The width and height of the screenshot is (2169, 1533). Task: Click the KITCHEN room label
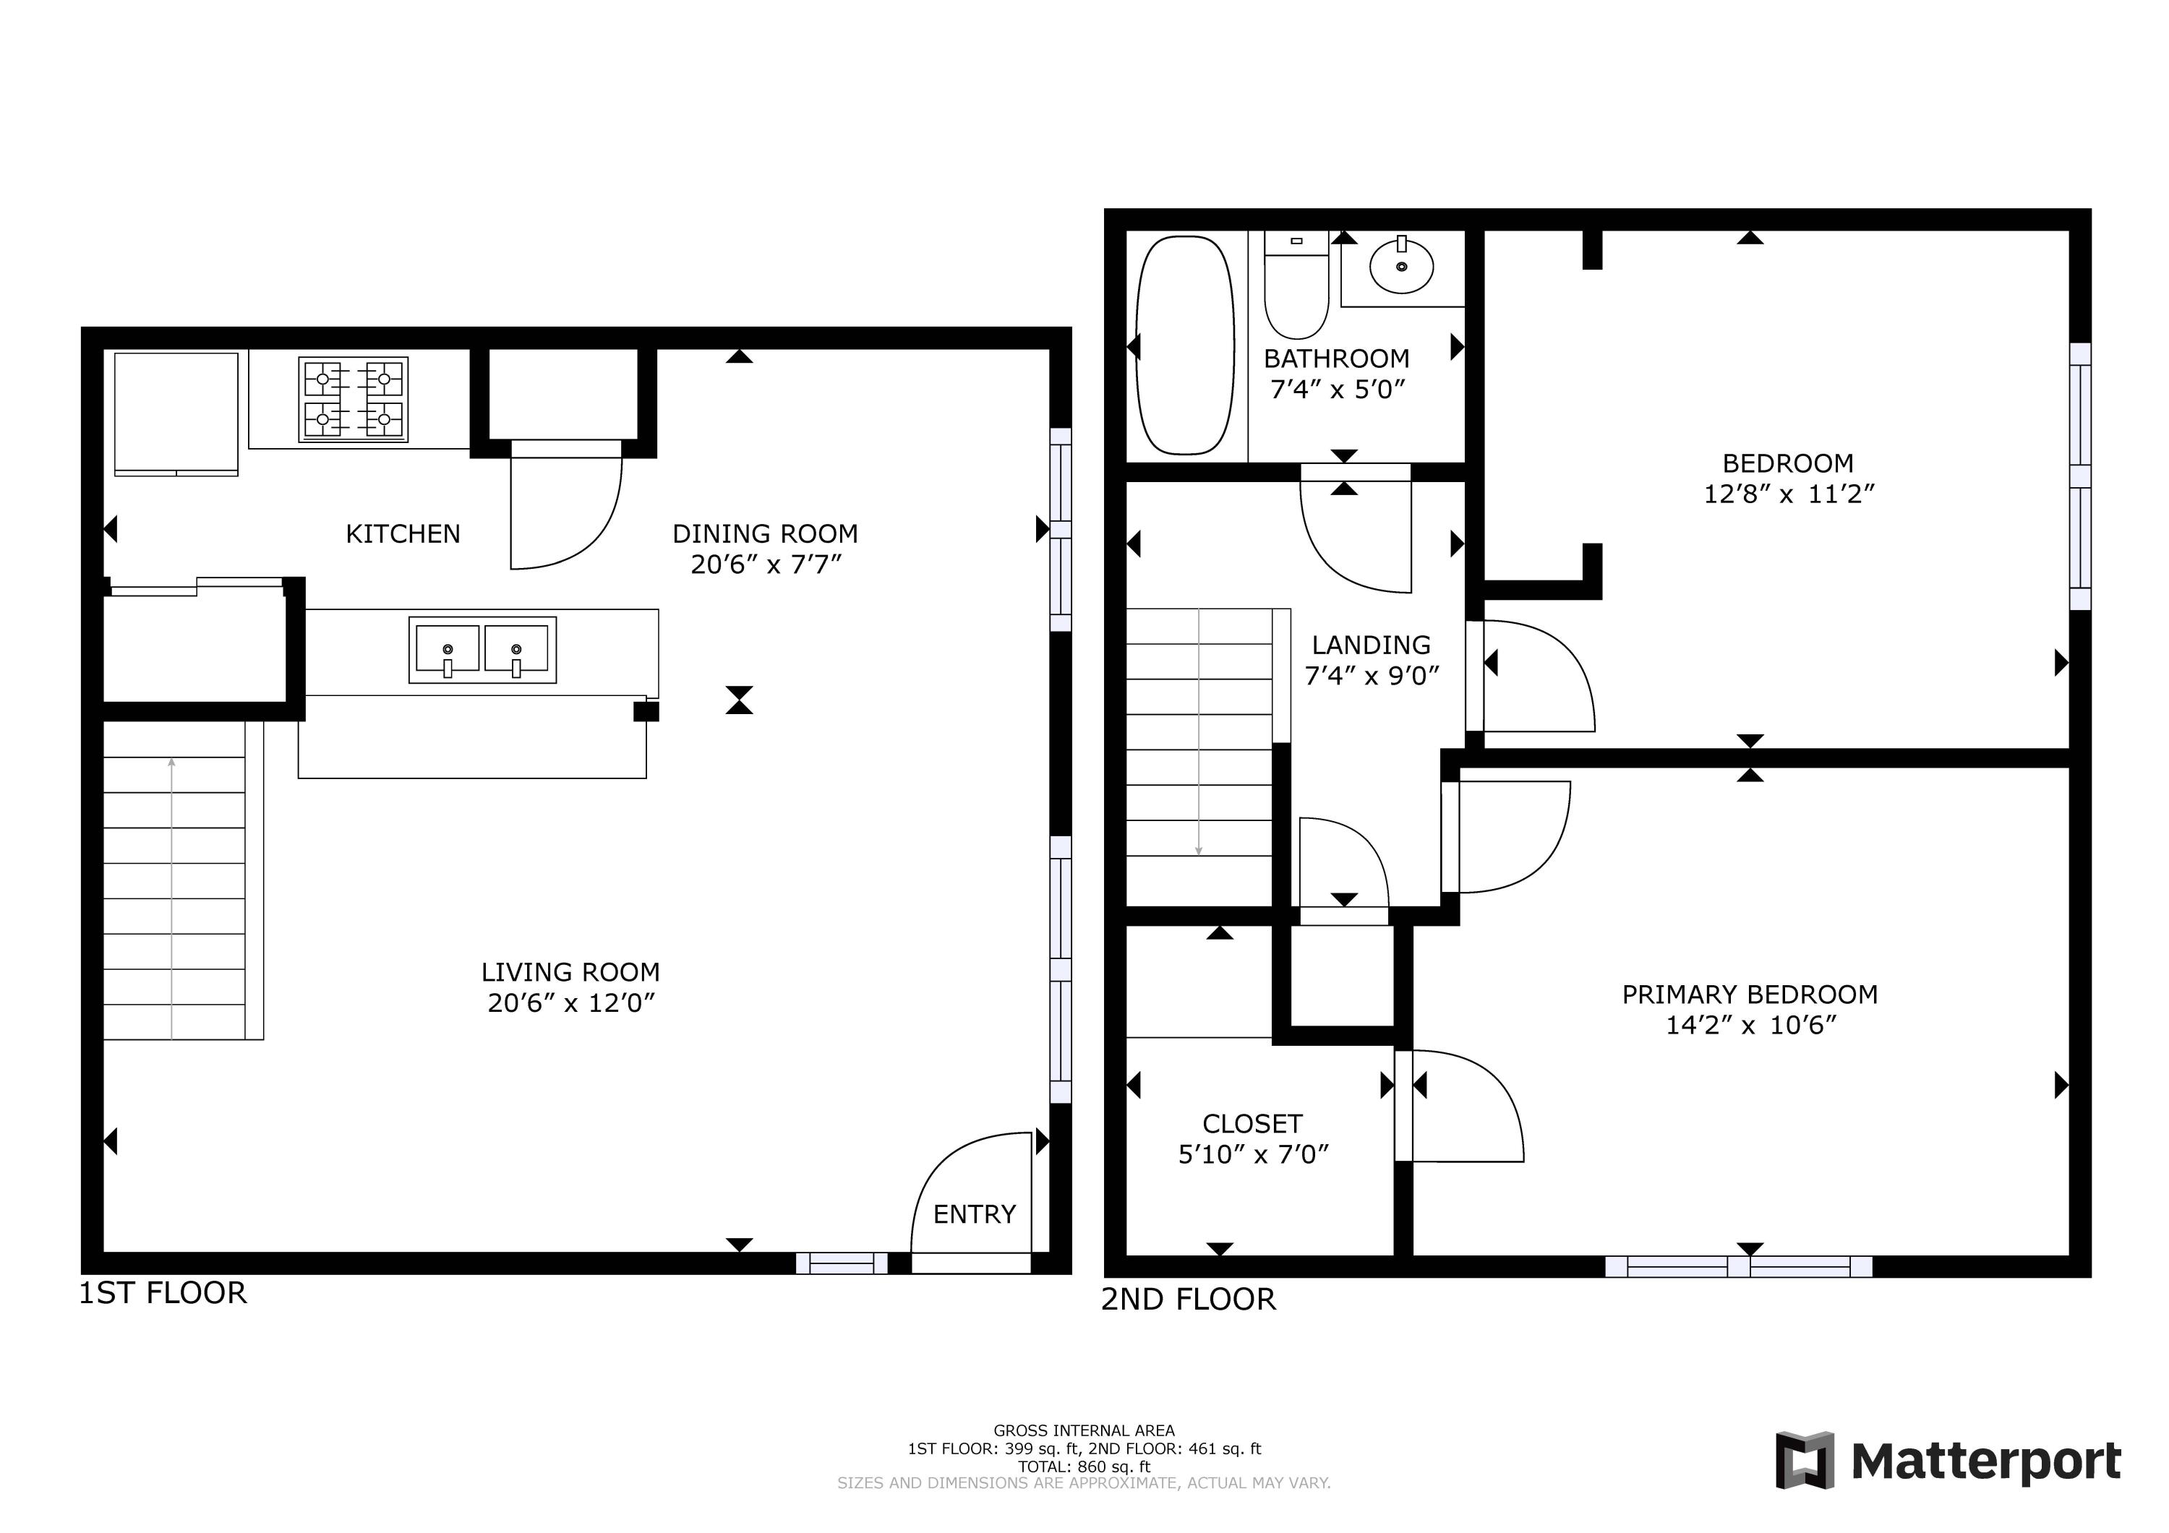click(403, 535)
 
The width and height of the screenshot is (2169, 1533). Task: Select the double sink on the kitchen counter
click(482, 650)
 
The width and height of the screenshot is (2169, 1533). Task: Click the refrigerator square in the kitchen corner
click(176, 413)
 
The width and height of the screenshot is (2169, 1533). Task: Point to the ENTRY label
click(974, 1215)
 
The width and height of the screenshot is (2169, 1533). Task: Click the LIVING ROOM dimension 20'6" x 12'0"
click(570, 1003)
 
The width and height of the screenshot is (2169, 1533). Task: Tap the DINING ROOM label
click(764, 535)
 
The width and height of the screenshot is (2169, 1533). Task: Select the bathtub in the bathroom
click(1185, 345)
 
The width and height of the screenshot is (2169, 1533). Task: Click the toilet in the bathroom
click(1296, 286)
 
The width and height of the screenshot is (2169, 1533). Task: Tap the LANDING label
click(1371, 646)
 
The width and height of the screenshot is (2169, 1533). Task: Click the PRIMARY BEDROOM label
click(1749, 995)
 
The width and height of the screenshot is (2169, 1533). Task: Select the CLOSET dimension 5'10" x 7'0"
click(1253, 1155)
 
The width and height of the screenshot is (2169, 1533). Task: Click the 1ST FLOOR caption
click(163, 1293)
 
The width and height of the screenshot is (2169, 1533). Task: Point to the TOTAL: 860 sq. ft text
click(1084, 1467)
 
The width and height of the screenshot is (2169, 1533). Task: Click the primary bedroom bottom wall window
click(1737, 1266)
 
